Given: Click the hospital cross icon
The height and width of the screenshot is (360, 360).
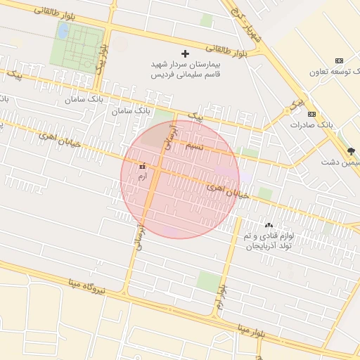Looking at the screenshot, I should [186, 53].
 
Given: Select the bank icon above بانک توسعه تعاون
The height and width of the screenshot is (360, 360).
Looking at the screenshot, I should [340, 60].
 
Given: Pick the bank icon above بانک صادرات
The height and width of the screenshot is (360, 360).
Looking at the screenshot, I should [311, 114].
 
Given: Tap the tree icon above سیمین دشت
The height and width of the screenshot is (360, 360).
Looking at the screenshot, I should [351, 151].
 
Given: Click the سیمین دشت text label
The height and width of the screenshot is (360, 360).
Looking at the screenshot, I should [344, 162].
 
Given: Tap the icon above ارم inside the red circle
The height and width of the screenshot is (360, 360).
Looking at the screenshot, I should [143, 167].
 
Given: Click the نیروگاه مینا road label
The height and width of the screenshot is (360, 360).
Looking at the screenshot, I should [87, 286].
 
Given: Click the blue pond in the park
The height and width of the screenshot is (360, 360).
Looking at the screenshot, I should [63, 31].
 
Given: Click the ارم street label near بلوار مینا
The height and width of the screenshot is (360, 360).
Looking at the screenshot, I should [220, 298].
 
